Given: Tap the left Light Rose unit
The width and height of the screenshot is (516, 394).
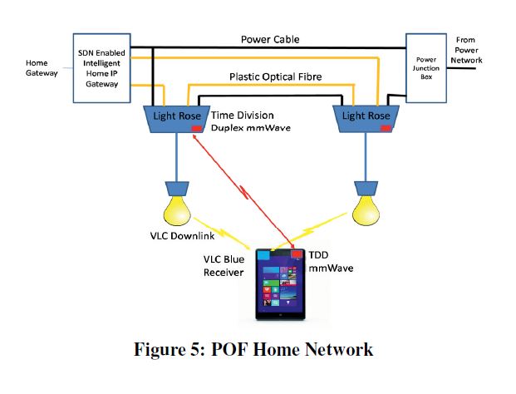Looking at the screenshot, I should click(x=175, y=117).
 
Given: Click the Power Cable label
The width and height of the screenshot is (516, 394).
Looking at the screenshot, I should click(x=270, y=39).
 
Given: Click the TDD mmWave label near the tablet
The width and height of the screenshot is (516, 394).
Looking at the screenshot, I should click(x=331, y=263).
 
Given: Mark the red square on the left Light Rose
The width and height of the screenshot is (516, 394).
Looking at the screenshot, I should click(x=196, y=130).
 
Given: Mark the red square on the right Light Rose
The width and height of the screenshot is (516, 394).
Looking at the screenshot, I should click(x=386, y=130).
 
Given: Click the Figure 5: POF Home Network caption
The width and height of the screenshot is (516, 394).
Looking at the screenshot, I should click(x=253, y=349).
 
